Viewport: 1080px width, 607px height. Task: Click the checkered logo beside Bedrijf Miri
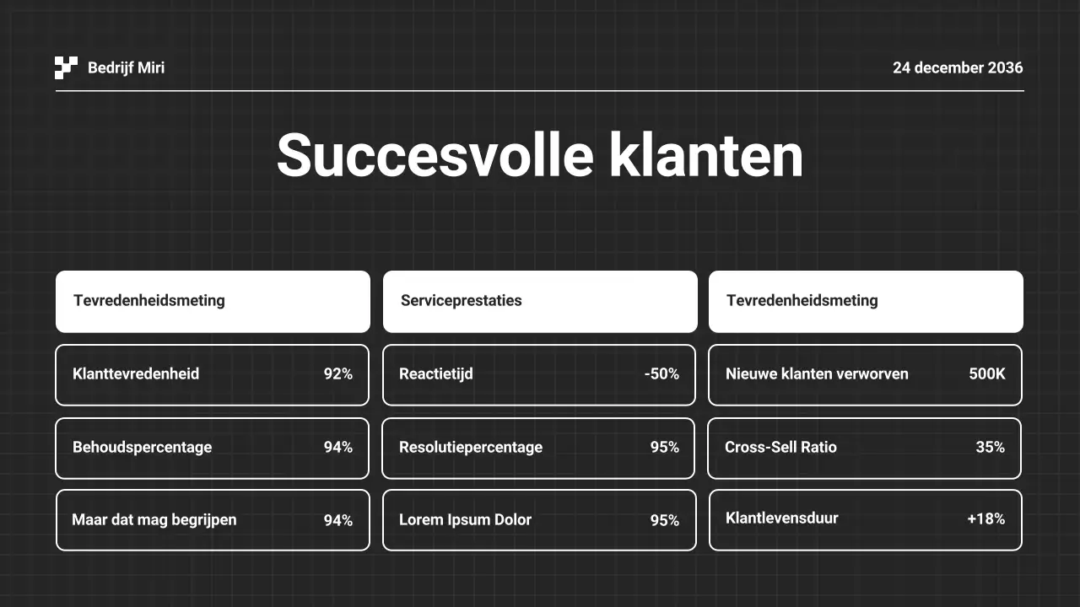pyautogui.click(x=66, y=67)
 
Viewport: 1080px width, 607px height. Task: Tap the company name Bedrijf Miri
pyautogui.click(x=126, y=67)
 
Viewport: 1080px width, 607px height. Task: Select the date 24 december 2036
pyautogui.click(x=958, y=67)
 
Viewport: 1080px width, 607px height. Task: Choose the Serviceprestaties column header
pyautogui.click(x=461, y=300)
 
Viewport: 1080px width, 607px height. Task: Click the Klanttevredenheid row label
pyautogui.click(x=136, y=373)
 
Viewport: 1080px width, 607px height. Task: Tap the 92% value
pyautogui.click(x=338, y=373)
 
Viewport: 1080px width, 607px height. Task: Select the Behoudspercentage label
pyautogui.click(x=142, y=447)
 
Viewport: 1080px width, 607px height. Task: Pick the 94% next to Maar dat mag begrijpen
pyautogui.click(x=338, y=520)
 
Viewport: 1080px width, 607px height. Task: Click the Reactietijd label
pyautogui.click(x=435, y=373)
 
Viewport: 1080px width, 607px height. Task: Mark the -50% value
pyautogui.click(x=661, y=373)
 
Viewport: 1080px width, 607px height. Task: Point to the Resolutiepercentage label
pyautogui.click(x=471, y=447)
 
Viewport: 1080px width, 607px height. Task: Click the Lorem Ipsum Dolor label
pyautogui.click(x=465, y=519)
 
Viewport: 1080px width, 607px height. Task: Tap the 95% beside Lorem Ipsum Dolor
pyautogui.click(x=665, y=520)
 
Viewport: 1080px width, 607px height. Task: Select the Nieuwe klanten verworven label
pyautogui.click(x=817, y=373)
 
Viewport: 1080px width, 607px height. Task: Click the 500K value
pyautogui.click(x=987, y=373)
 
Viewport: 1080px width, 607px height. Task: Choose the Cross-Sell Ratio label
pyautogui.click(x=780, y=447)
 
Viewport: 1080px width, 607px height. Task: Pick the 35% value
pyautogui.click(x=991, y=447)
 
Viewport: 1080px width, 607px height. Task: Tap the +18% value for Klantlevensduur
pyautogui.click(x=986, y=518)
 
